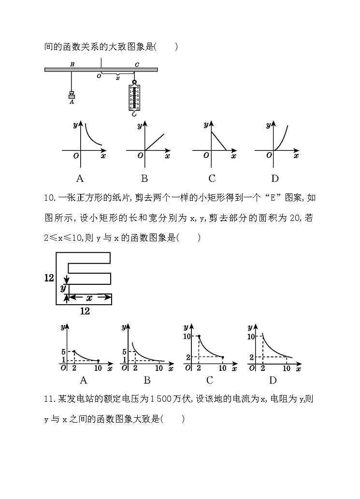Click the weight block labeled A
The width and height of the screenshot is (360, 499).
[72, 96]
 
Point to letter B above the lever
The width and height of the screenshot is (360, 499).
[72, 64]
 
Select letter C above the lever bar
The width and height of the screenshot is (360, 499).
[137, 64]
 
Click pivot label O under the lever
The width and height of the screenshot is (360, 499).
[99, 76]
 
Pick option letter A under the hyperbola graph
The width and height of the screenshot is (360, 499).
[80, 178]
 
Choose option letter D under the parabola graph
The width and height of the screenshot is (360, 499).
[275, 178]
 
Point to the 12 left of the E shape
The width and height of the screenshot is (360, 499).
[49, 278]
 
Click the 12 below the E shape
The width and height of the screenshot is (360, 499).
[85, 311]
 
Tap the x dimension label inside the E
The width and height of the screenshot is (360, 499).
[89, 298]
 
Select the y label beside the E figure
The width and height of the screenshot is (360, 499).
[62, 288]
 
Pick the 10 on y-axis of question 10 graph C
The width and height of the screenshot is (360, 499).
[189, 336]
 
